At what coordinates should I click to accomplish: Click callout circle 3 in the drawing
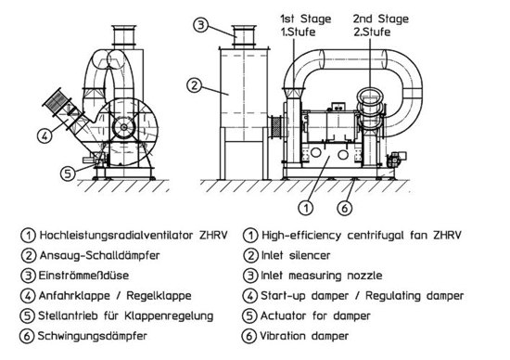click(x=201, y=25)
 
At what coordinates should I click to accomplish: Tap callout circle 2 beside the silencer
click(x=194, y=85)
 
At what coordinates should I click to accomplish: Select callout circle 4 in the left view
click(x=45, y=135)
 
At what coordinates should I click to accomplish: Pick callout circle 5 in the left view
click(x=68, y=174)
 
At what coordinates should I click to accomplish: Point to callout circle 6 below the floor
click(x=345, y=207)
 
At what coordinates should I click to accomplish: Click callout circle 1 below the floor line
click(x=306, y=207)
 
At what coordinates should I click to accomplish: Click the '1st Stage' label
click(x=306, y=19)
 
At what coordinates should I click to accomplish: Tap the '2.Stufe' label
click(x=372, y=32)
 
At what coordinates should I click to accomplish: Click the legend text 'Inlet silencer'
click(x=296, y=255)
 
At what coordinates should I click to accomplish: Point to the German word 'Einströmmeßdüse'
click(x=83, y=276)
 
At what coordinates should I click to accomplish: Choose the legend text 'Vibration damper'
click(x=304, y=336)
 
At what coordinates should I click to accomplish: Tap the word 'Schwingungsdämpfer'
click(x=93, y=336)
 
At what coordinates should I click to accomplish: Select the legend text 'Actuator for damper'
click(x=315, y=315)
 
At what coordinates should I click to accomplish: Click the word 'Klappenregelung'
click(x=169, y=316)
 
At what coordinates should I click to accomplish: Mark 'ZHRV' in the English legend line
click(x=447, y=236)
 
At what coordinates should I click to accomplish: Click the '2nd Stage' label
click(x=381, y=19)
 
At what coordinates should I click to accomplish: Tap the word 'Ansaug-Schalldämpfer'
click(x=99, y=255)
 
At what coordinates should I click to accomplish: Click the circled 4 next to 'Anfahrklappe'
click(x=28, y=296)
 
